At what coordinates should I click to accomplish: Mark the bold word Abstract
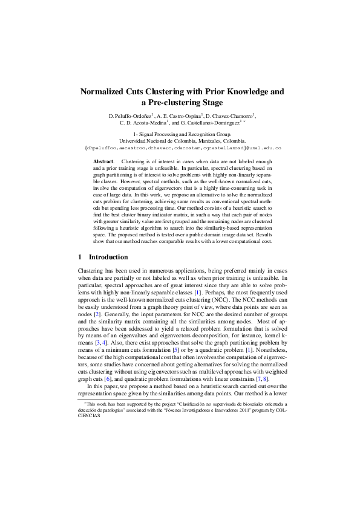coord(103,162)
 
